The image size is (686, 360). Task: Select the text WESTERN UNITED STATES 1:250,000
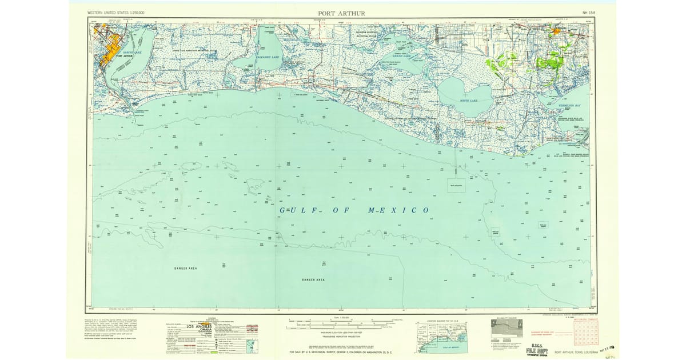115,12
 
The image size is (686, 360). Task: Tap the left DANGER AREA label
186,267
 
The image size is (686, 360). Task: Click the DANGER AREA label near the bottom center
313,279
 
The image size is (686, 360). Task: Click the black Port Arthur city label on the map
126,56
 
